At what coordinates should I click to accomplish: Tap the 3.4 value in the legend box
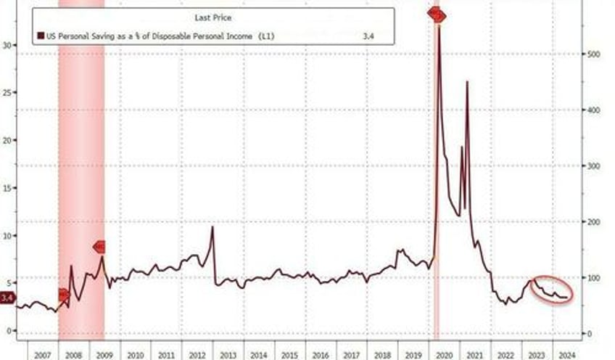(367, 34)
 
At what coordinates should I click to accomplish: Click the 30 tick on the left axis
(7, 45)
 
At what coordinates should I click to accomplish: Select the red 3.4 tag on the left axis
(7, 298)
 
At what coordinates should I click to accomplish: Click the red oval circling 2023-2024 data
(552, 290)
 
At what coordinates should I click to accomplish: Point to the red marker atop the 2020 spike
(437, 15)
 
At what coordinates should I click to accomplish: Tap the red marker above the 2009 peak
(100, 247)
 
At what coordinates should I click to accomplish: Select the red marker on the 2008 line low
(63, 295)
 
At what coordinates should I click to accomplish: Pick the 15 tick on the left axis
(7, 187)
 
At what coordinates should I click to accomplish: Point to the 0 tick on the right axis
(589, 333)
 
